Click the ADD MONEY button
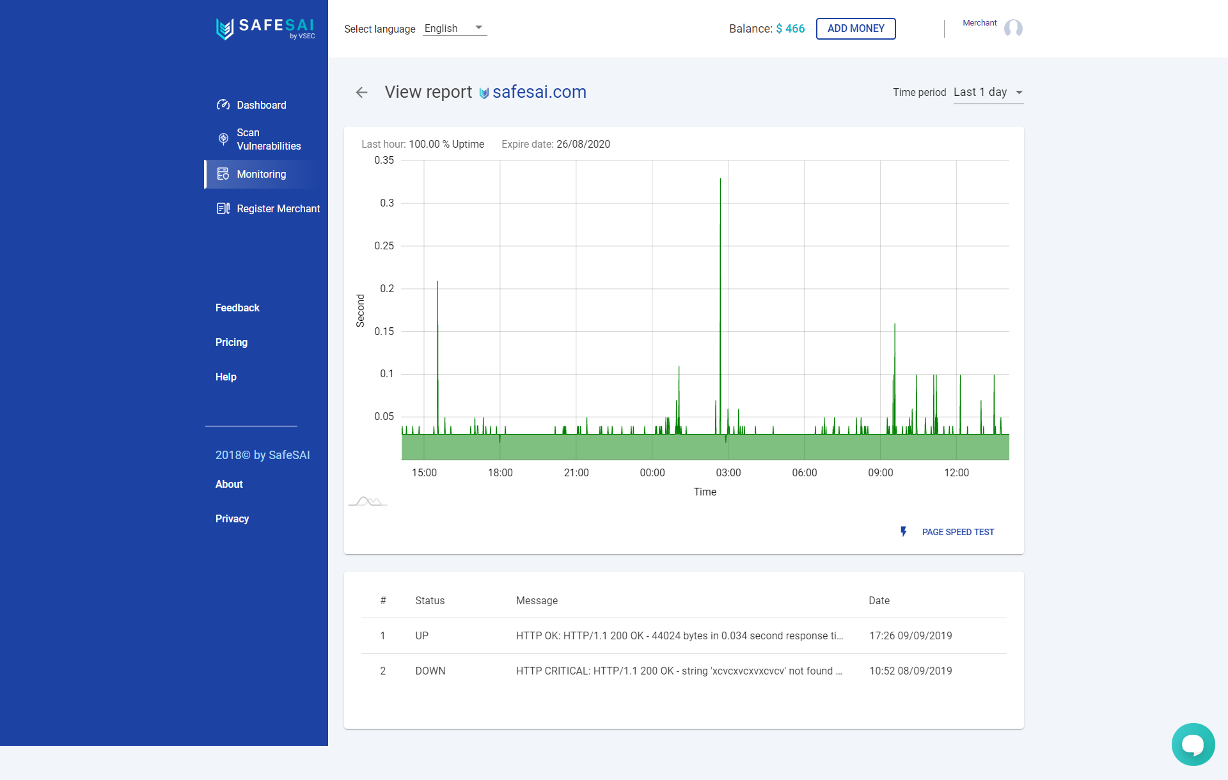coord(855,29)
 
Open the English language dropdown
coord(454,28)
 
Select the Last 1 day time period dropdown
coord(988,92)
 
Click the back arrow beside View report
coord(361,93)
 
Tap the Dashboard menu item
coord(261,105)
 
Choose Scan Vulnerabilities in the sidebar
coord(268,139)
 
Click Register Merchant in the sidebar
coord(278,208)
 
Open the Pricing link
coord(231,342)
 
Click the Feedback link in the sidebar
coord(237,308)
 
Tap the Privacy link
coord(232,519)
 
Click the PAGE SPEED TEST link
coord(957,532)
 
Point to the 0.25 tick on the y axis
coord(384,246)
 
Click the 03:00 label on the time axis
coord(728,472)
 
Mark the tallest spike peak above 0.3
coord(720,179)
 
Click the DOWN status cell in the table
coord(430,671)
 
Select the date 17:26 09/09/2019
coord(910,636)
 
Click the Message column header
coord(537,600)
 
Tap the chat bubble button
coord(1193,744)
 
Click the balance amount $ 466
coord(790,29)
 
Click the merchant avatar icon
coord(1013,28)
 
